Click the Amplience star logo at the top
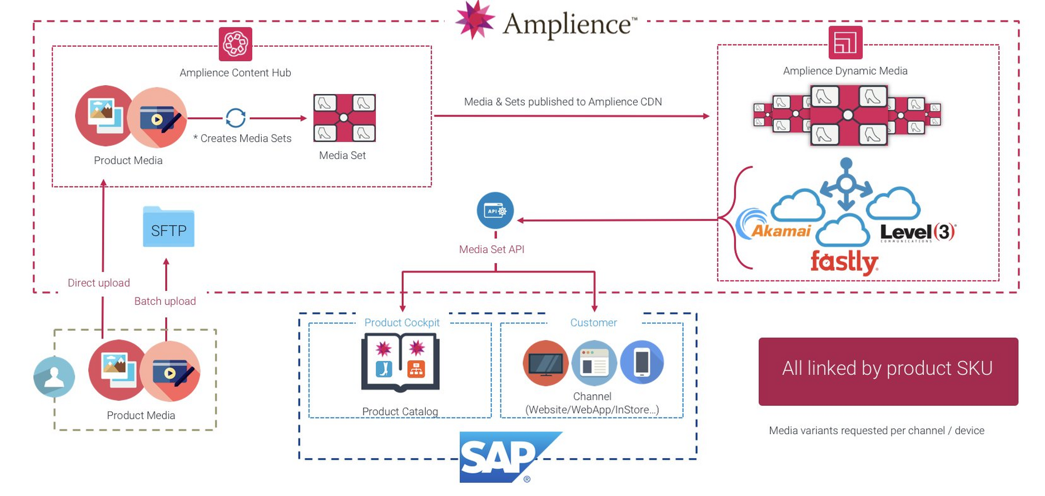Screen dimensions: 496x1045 (x=475, y=21)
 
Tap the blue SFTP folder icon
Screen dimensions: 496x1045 (x=168, y=227)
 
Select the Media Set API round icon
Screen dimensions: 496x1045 (x=495, y=210)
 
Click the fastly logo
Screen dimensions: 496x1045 (x=844, y=261)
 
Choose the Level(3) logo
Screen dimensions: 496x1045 (x=917, y=231)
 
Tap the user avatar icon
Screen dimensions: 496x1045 (x=54, y=376)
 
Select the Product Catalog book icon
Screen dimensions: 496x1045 (x=400, y=363)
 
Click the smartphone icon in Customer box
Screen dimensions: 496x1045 (x=641, y=363)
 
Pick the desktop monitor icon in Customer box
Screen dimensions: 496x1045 (x=545, y=363)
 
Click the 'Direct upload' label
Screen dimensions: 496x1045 (x=99, y=282)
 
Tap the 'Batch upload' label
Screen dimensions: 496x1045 (x=165, y=301)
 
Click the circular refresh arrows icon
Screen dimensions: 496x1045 (x=236, y=118)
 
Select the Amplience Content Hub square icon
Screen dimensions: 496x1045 (x=235, y=44)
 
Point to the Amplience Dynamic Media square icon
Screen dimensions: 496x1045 (x=845, y=42)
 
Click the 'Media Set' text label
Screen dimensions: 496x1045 (x=342, y=156)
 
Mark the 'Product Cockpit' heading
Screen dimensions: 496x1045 (x=402, y=323)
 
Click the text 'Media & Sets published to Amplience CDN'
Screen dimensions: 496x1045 (x=563, y=102)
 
